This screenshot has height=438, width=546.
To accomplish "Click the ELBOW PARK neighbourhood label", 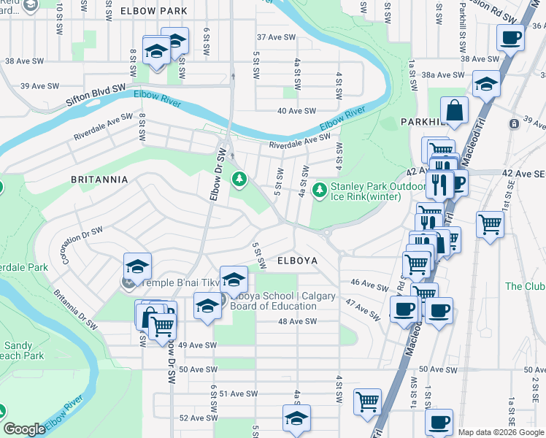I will tap(153, 12).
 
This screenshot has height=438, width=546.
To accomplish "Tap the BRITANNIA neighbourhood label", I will tap(99, 179).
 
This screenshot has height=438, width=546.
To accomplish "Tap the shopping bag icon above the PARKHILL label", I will tap(455, 111).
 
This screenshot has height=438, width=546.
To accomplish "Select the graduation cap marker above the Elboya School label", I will tap(233, 279).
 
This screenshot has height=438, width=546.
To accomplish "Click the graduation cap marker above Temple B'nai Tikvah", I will tap(137, 266).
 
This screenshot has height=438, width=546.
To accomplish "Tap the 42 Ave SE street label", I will tap(524, 174).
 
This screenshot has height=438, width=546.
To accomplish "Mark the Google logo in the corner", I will tap(24, 429).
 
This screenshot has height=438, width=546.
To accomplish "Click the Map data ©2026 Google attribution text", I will tap(501, 432).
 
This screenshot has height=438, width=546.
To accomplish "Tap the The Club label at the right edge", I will tap(524, 286).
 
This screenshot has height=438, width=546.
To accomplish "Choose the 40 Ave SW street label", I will tap(296, 111).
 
